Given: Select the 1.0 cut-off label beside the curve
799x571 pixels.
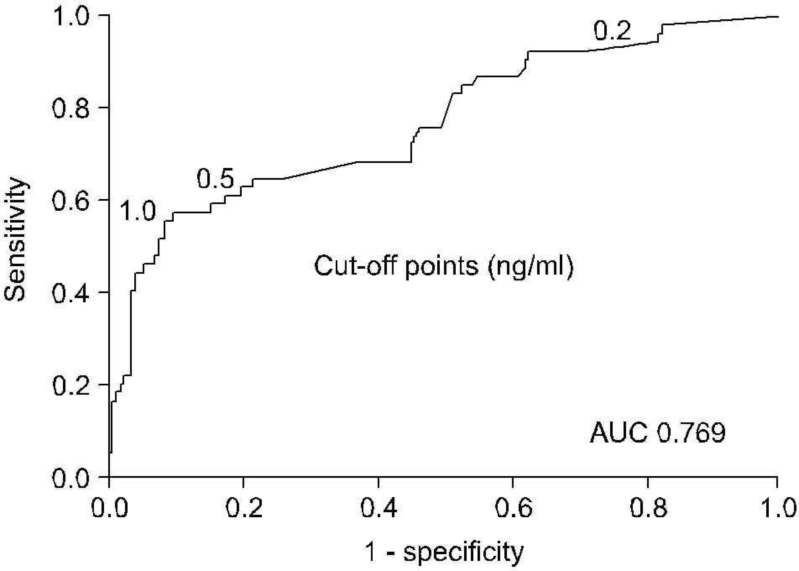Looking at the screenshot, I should [138, 210].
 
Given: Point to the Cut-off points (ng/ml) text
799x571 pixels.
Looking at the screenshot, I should [444, 266].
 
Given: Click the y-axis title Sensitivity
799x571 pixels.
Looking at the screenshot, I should [15, 240].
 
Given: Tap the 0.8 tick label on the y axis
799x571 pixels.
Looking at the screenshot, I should [70, 108].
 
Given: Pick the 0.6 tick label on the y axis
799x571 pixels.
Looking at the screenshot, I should [70, 200].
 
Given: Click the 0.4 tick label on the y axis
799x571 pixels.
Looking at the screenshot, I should [70, 293].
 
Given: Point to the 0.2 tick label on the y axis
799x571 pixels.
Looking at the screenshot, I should [70, 385].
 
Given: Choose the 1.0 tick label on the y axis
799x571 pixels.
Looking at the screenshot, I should [70, 16].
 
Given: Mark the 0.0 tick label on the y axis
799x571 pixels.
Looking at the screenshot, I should [70, 478].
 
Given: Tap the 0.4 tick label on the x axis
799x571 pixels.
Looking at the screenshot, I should [379, 508].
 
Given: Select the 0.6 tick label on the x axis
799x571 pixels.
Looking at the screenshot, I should [514, 508].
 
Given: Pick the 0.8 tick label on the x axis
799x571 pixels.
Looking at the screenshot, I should [648, 508].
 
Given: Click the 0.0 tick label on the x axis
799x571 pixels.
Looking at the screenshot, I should [110, 508].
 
